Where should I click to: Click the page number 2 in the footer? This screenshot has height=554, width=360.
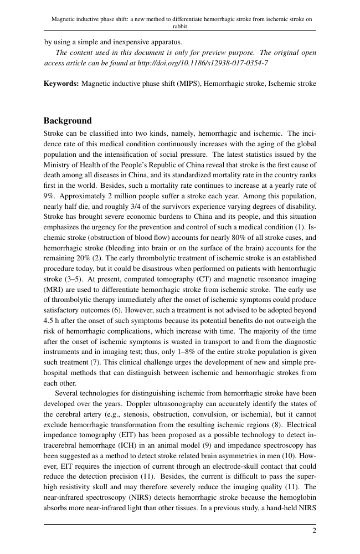coord(314,530)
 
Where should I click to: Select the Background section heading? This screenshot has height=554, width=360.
coord(68,121)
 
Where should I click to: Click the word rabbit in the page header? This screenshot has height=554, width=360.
coord(180,25)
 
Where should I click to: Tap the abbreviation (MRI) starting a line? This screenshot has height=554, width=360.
coord(55,289)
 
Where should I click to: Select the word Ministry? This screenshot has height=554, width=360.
coord(56,165)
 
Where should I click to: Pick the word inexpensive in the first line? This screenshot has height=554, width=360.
coord(128,42)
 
